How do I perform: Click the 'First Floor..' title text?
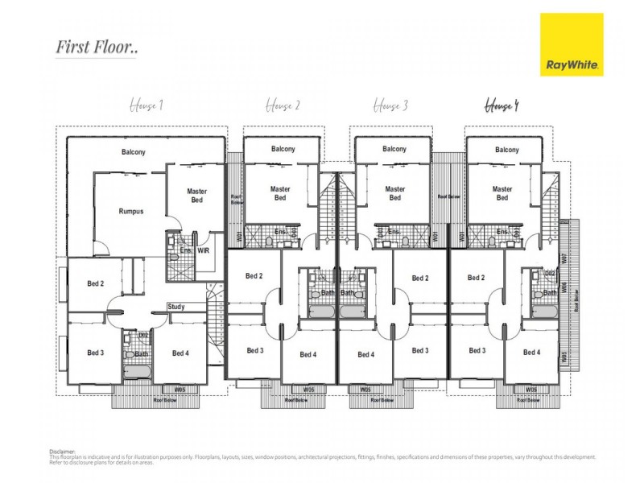[x=97, y=47]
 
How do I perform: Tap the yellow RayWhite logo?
[x=572, y=44]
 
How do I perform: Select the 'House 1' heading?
[x=147, y=105]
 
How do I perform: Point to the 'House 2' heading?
[x=283, y=105]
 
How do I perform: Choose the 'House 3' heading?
[x=394, y=105]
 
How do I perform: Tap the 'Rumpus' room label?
[x=131, y=212]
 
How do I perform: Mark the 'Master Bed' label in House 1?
[x=197, y=196]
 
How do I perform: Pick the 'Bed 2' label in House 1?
[x=96, y=283]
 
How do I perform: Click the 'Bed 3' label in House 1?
[x=96, y=353]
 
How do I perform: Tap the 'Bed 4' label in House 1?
[x=180, y=353]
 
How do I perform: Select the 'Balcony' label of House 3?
[x=394, y=149]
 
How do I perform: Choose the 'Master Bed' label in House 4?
[x=502, y=193]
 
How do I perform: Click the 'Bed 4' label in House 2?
[x=308, y=354]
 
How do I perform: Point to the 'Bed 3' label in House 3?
[x=419, y=350]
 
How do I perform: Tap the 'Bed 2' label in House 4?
[x=477, y=278]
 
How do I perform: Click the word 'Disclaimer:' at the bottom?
[x=63, y=452]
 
